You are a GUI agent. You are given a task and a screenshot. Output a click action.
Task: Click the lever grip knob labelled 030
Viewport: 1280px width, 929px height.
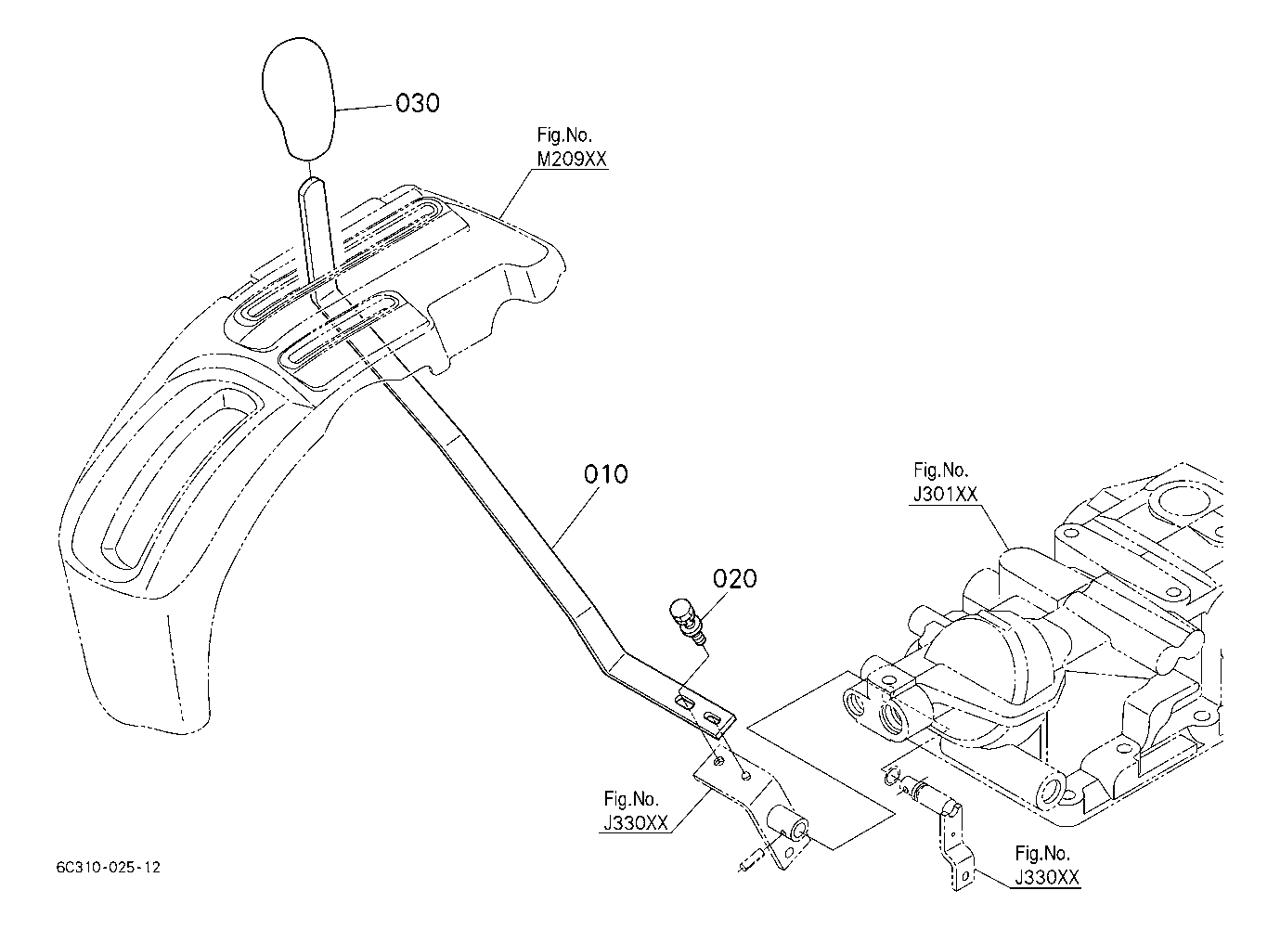pos(298,98)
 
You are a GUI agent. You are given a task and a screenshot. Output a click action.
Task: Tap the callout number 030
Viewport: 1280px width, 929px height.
pos(418,103)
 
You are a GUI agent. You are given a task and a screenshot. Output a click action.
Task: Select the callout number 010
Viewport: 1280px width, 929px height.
pos(606,474)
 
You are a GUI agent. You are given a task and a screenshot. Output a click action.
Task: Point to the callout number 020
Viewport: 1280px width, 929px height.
pos(735,579)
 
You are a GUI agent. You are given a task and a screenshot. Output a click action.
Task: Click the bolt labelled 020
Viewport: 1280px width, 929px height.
pos(688,622)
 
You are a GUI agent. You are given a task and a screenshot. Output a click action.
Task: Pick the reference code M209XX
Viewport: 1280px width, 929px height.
pos(572,159)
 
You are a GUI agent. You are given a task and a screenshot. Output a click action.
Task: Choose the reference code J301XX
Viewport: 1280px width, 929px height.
pos(946,494)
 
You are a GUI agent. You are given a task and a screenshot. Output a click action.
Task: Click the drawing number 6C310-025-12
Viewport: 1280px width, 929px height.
pos(108,868)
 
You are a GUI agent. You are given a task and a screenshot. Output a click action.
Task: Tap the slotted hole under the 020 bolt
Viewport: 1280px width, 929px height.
pos(685,703)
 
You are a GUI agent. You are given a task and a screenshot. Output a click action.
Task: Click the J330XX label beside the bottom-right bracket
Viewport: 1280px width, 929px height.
pos(1047,877)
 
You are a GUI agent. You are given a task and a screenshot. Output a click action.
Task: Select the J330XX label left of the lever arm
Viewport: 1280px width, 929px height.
pos(636,822)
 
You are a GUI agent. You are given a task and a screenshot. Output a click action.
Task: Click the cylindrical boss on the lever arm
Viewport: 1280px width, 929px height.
pos(788,824)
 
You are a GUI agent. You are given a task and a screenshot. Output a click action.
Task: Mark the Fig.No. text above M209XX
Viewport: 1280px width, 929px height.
pos(564,135)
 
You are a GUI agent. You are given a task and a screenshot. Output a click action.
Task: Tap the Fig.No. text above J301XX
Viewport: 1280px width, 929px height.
pos(940,470)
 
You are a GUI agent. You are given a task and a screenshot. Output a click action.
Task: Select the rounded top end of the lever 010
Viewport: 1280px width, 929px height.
pos(311,184)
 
